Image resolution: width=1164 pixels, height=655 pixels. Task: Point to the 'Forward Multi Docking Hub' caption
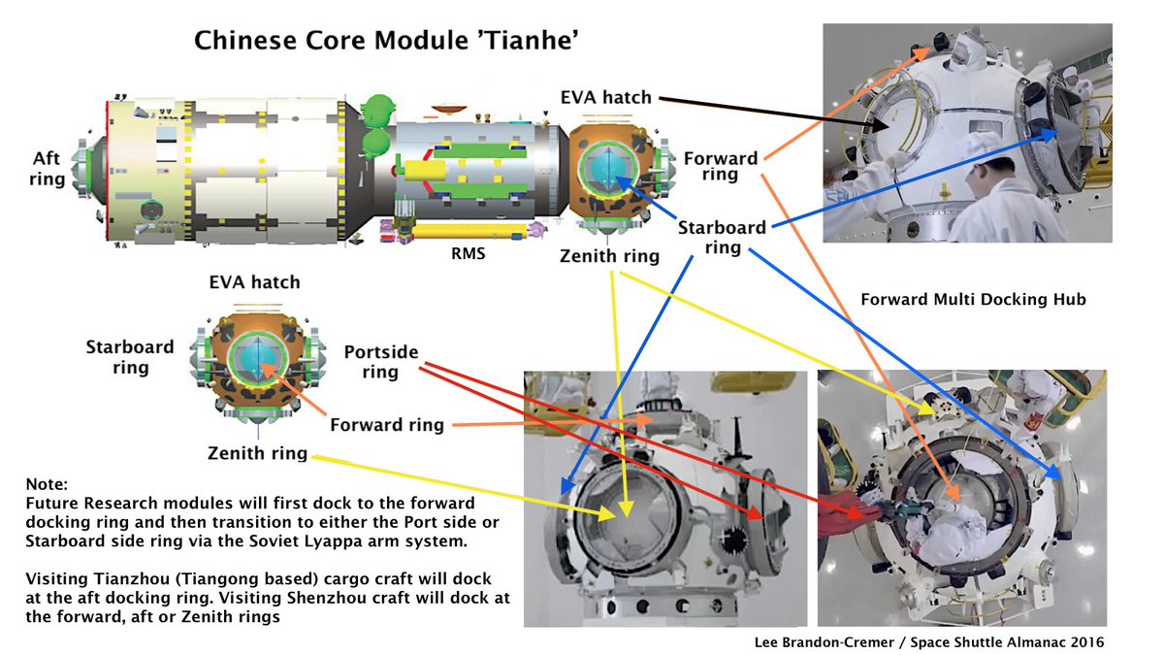(x=973, y=300)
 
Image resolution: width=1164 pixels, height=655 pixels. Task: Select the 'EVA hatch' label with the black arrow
(x=605, y=97)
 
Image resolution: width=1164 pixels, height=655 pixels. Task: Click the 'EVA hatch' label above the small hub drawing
(x=255, y=282)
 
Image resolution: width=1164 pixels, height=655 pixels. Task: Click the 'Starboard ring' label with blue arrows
(x=722, y=238)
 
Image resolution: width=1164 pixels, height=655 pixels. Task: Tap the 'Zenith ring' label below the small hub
(x=257, y=453)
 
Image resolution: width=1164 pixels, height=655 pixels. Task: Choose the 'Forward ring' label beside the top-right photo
(x=721, y=166)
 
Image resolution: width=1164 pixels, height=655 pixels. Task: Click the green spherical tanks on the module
(x=374, y=127)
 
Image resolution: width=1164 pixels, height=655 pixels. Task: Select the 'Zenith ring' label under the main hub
(x=609, y=256)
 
